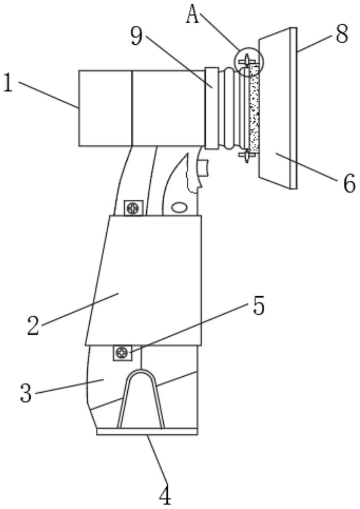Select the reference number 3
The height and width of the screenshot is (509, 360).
point(26,393)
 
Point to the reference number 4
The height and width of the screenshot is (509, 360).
point(165,496)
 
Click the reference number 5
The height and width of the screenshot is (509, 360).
point(258,307)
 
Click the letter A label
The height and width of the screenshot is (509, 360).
point(192,16)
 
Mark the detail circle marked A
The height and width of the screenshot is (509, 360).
point(249,62)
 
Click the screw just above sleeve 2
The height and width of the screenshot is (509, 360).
point(133,208)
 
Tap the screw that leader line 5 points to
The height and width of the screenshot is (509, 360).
point(122,352)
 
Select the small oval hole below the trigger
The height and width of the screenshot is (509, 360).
point(180,207)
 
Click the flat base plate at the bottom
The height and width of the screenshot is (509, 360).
point(147,431)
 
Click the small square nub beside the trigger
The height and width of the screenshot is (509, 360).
point(204,168)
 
